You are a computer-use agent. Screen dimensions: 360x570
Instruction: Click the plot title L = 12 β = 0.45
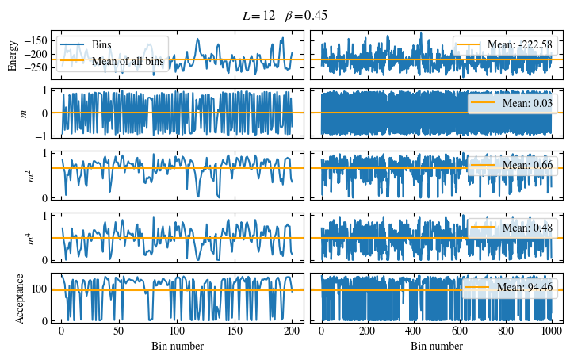tap(285, 16)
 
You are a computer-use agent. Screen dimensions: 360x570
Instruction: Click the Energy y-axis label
tap(13, 55)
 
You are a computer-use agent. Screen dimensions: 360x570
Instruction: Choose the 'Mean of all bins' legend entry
tap(127, 59)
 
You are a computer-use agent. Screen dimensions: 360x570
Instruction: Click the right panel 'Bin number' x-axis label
tap(437, 347)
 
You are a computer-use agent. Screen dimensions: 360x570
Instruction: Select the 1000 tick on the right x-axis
tap(553, 333)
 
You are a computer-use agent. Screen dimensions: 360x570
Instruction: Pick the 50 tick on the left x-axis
tap(119, 333)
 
